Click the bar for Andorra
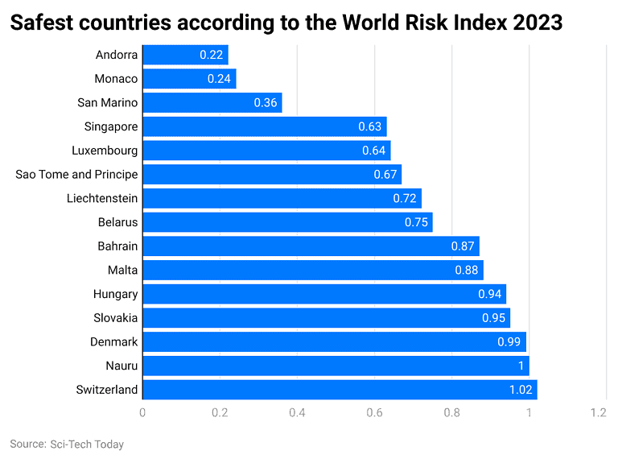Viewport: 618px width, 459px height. point(185,55)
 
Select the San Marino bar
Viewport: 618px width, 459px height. point(212,103)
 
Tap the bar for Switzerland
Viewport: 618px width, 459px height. point(340,390)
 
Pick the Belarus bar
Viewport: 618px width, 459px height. point(287,222)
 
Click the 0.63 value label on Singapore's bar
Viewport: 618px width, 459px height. point(370,127)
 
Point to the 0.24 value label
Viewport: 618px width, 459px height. point(219,79)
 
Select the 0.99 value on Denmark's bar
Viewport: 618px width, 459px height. point(509,342)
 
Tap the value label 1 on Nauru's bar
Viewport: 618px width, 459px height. point(521,366)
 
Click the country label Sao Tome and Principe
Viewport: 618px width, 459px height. point(76,175)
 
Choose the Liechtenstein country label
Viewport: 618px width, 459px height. point(102,198)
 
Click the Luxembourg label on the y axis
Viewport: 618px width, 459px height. point(105,151)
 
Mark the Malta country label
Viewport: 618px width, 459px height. point(122,271)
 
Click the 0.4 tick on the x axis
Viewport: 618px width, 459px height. point(298,412)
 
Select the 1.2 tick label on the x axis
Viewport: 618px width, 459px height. point(597,412)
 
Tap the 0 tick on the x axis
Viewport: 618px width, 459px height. point(142,412)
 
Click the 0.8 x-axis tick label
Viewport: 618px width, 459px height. point(452,412)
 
